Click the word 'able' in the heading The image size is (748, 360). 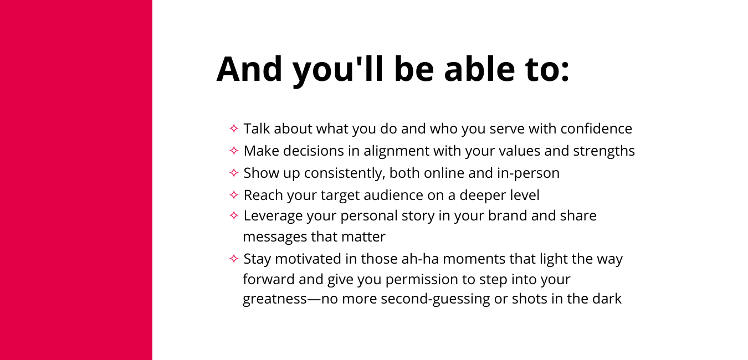click(x=479, y=69)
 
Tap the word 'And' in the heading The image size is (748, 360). click(x=249, y=69)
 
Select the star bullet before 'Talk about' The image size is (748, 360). click(x=234, y=128)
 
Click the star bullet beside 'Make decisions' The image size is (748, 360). click(x=234, y=151)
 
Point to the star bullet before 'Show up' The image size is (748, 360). click(x=234, y=173)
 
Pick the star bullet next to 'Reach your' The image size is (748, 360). click(x=234, y=195)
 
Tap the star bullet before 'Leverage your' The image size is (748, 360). click(x=234, y=215)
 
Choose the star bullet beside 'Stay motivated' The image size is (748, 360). click(x=234, y=259)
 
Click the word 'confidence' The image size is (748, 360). click(x=596, y=129)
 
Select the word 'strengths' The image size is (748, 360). click(x=604, y=151)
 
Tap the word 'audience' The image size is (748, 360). click(x=393, y=196)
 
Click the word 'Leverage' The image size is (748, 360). click(x=273, y=216)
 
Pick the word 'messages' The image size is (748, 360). click(x=275, y=237)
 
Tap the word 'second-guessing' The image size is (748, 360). click(x=435, y=299)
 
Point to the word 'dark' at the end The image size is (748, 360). click(x=607, y=299)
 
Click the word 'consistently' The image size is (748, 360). click(x=345, y=173)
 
